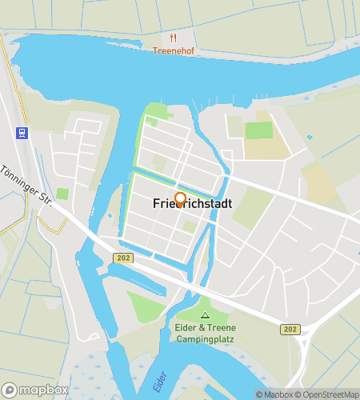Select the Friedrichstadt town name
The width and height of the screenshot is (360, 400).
[x=192, y=204]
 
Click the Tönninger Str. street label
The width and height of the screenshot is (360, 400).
[x=26, y=190]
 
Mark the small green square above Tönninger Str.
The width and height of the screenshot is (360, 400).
[x=62, y=194]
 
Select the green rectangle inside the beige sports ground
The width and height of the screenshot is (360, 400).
[x=258, y=130]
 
